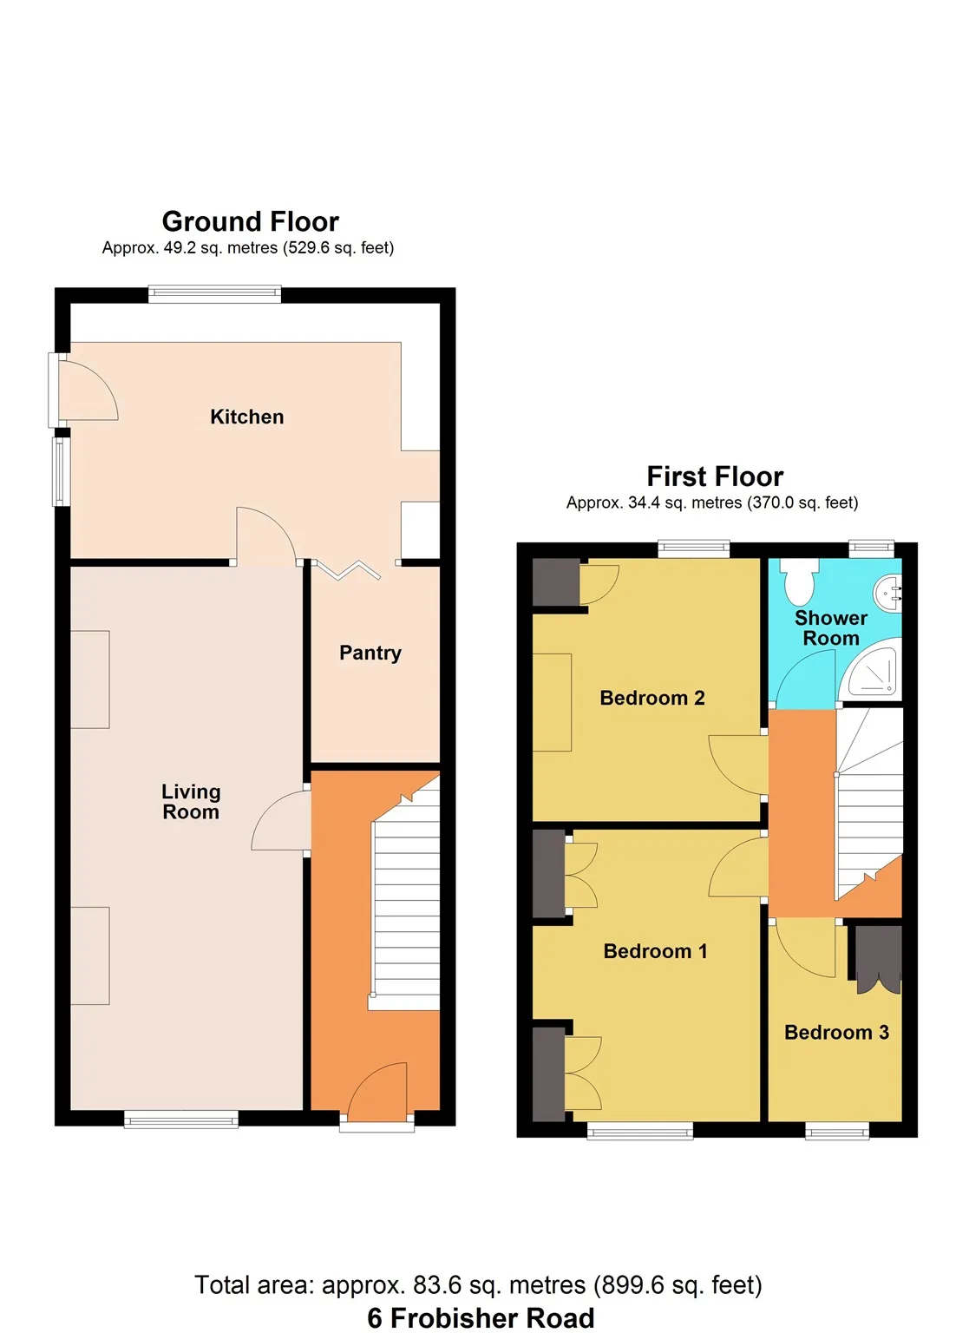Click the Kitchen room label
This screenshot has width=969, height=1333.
pos(247,417)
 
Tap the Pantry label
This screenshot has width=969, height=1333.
pos(370,653)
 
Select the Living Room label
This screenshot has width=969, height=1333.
pos(191,802)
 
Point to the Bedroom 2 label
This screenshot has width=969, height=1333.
pos(652,698)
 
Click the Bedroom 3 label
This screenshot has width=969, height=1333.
pos(836,1032)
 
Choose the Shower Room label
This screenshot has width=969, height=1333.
pos(831,627)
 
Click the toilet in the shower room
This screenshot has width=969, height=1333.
pos(799,581)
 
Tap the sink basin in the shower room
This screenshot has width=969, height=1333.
pos(888,592)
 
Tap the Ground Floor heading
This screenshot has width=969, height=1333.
pos(251,221)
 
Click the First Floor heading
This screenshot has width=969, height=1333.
pos(715,476)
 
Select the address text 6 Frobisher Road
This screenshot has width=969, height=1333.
pos(481,1317)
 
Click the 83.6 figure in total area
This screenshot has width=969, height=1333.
pos(437,1284)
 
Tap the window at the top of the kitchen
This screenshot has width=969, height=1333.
pos(215,294)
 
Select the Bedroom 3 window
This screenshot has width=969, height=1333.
pos(837,1129)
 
